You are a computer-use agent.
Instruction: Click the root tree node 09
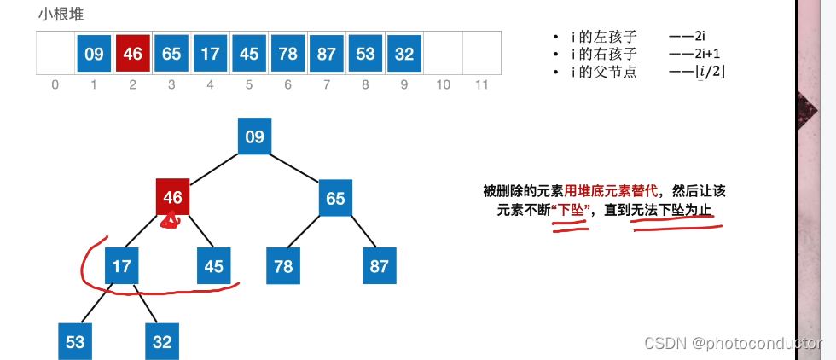click(254, 136)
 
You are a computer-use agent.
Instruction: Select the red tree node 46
click(173, 198)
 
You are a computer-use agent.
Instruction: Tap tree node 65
click(335, 199)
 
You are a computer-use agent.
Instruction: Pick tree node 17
click(122, 266)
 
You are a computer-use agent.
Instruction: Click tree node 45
click(214, 266)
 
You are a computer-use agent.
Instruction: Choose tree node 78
click(283, 266)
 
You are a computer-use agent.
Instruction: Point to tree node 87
click(380, 266)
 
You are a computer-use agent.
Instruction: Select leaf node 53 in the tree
click(75, 341)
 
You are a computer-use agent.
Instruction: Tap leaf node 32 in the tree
click(162, 341)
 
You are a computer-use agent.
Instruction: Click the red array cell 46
click(132, 54)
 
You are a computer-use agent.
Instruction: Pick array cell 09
click(94, 54)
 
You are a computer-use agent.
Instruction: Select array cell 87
click(327, 54)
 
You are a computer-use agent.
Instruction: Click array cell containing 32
click(404, 54)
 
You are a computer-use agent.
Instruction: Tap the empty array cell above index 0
click(55, 54)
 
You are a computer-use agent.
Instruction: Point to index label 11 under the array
click(482, 85)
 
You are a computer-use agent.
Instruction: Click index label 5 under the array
click(249, 85)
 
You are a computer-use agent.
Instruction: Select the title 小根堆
click(61, 15)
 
